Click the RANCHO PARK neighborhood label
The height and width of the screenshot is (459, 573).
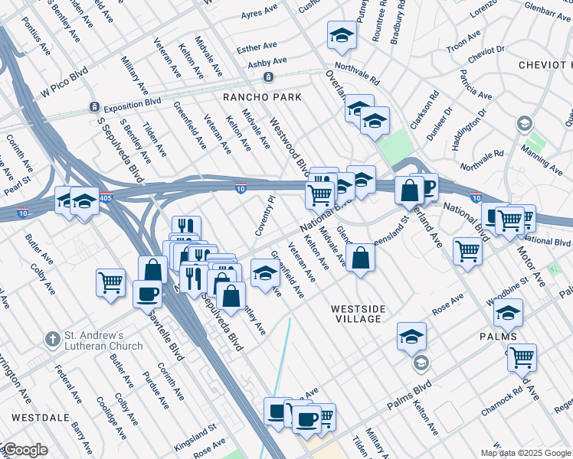(262, 97)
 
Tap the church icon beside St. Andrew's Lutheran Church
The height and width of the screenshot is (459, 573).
(52, 338)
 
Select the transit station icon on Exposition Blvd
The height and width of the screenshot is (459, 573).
(93, 107)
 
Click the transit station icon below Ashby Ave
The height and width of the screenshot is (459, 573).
(268, 77)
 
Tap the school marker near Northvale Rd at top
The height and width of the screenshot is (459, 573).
(342, 34)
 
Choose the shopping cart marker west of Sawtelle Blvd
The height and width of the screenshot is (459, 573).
(110, 282)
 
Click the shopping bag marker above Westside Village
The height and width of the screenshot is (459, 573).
(360, 257)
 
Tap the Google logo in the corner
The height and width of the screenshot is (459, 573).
(25, 450)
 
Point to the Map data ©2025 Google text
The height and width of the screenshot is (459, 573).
(525, 453)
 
